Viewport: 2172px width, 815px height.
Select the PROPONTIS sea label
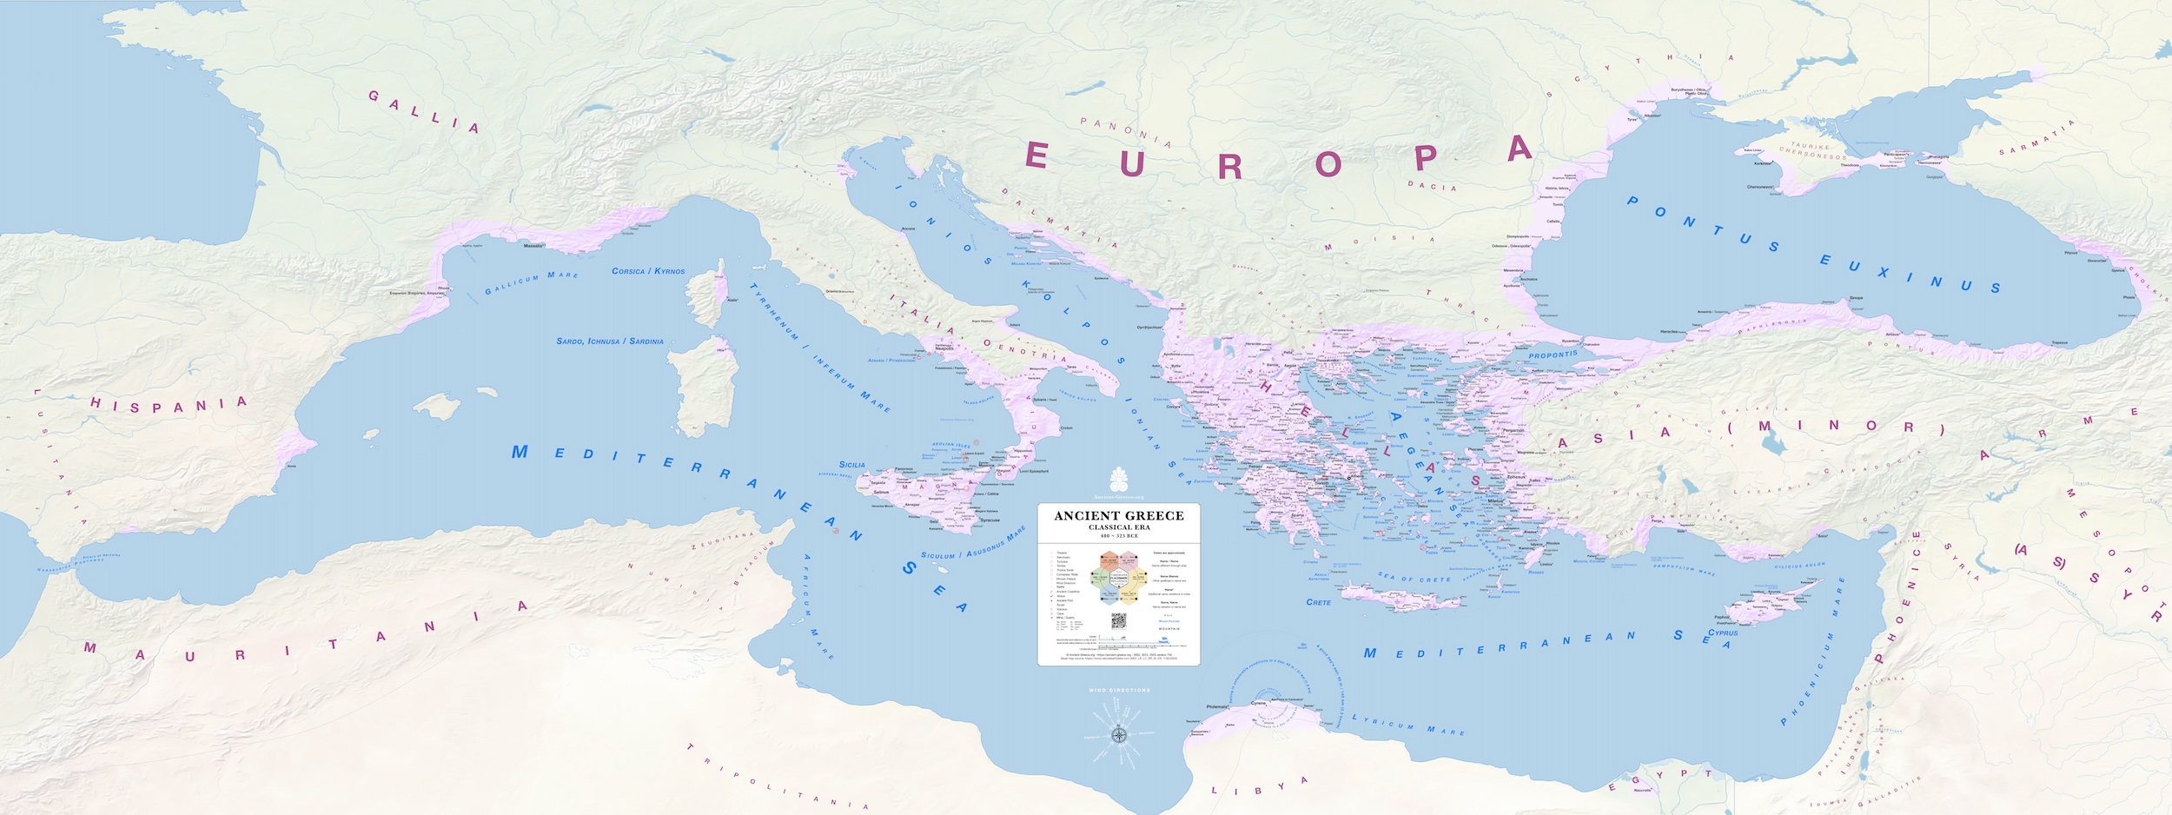(1553, 354)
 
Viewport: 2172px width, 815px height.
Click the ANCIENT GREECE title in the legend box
(1119, 516)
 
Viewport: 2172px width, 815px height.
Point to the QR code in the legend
(1119, 621)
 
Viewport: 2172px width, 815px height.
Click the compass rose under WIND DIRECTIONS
(1120, 735)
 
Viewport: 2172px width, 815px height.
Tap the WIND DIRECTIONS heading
(1119, 691)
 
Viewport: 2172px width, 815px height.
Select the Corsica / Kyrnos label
(648, 271)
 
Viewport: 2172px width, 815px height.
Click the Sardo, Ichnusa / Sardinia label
(610, 341)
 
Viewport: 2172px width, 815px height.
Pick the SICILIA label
(851, 465)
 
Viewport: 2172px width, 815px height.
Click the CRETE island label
(1318, 602)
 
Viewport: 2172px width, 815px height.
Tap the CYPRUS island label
(1723, 633)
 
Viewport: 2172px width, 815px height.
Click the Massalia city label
(533, 246)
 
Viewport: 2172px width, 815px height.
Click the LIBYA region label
(1260, 786)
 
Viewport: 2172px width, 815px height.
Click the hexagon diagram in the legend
(1119, 579)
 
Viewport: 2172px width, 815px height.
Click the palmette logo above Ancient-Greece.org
(1119, 478)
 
